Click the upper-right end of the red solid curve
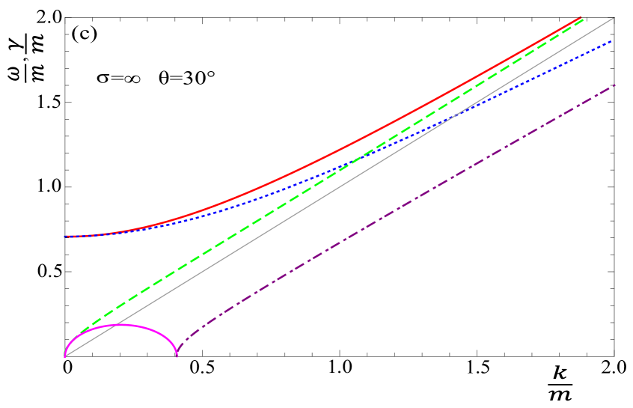581,17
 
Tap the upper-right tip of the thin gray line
614,17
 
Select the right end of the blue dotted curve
612,41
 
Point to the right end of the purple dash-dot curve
614,85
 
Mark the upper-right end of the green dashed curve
583,20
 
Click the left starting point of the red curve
66,236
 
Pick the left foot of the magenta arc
65,356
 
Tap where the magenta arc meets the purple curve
177,356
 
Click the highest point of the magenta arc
121,325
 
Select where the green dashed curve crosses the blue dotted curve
364,156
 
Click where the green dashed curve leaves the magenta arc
79,333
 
